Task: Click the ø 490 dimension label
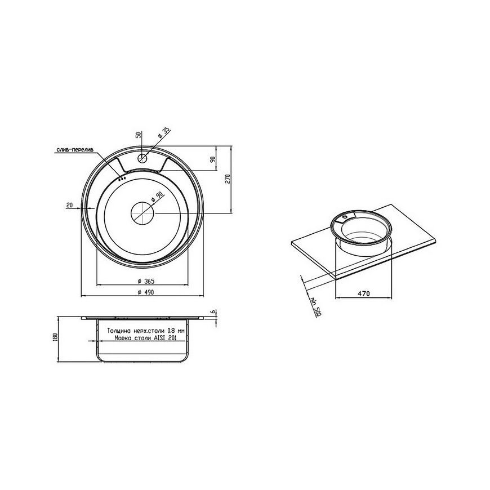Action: coord(146,292)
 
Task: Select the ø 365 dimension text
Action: coord(146,281)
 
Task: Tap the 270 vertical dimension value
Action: coord(228,179)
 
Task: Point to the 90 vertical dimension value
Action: coord(213,159)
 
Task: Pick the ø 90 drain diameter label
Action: coord(157,197)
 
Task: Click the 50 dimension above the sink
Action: coord(139,135)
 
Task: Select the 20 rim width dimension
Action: coord(69,206)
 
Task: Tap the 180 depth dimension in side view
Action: coord(56,337)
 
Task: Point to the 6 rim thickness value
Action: coord(212,312)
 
